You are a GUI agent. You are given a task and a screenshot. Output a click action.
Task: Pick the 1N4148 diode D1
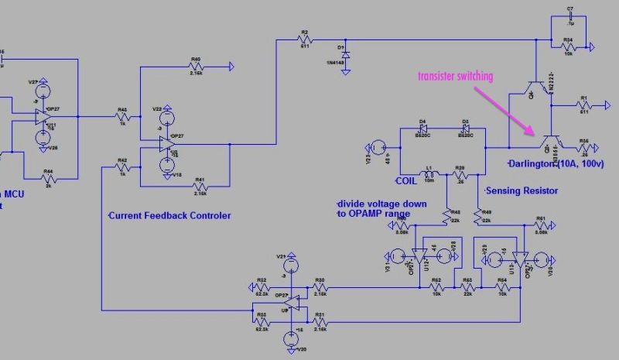[345, 55]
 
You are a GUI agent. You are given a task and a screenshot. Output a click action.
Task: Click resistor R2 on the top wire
[305, 39]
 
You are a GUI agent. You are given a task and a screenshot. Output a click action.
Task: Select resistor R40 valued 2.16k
[197, 67]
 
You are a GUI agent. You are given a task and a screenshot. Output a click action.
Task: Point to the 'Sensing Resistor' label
[522, 190]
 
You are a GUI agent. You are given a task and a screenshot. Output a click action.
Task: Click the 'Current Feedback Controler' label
[169, 215]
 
